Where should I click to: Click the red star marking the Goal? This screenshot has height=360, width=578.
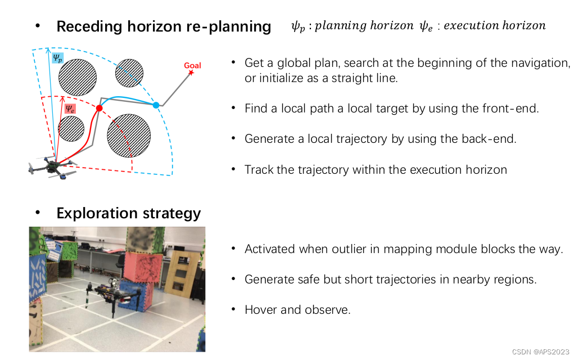(x=192, y=73)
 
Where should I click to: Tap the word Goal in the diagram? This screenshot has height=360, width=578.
(x=192, y=66)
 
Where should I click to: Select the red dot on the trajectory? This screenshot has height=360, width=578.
(x=100, y=108)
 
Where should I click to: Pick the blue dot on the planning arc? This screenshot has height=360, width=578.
(x=156, y=105)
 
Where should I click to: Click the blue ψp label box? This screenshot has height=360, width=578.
(x=58, y=57)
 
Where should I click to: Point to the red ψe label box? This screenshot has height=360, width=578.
(x=70, y=108)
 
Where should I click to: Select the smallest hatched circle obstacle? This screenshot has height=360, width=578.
(x=71, y=129)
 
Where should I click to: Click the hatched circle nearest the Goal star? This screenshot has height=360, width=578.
(x=129, y=73)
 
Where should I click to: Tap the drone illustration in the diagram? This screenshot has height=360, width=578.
(x=52, y=167)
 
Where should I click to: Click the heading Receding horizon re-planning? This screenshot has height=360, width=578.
(x=164, y=26)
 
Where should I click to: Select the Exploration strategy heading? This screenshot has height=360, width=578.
(x=128, y=213)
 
